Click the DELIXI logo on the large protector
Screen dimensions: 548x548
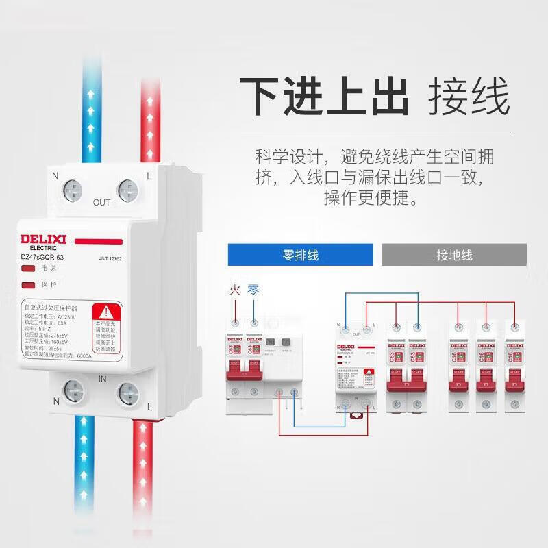(43, 240)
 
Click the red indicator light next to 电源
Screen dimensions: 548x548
(29, 269)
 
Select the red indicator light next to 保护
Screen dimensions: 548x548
(29, 284)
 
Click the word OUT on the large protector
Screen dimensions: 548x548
(101, 203)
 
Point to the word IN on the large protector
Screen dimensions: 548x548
(101, 378)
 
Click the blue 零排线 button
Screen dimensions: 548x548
(300, 256)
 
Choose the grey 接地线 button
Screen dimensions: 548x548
(454, 256)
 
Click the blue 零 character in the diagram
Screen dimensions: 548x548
(253, 290)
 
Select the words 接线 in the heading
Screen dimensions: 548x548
(469, 98)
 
